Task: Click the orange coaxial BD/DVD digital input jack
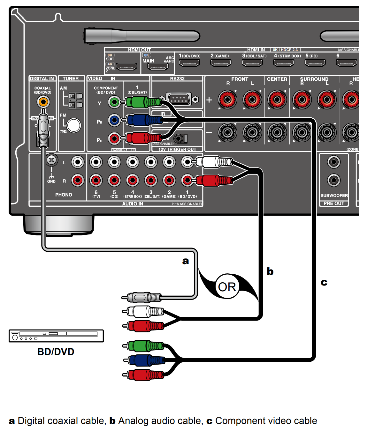tap(43, 102)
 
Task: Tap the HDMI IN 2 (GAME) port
tap(220, 63)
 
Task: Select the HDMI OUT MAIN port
tap(158, 67)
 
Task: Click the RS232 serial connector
tap(179, 99)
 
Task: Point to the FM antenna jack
tap(74, 125)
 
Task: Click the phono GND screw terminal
tap(52, 160)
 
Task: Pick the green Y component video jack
tap(114, 102)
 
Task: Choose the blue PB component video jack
tap(114, 120)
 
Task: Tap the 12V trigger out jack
tap(179, 138)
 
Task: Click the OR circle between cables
tap(227, 286)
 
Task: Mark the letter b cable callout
tap(270, 271)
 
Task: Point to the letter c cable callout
tap(324, 282)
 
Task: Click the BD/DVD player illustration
tap(56, 336)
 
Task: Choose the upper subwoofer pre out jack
tap(334, 162)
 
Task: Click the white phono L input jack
tap(78, 162)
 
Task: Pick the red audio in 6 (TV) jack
tap(96, 180)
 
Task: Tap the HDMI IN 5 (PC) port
tap(315, 63)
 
